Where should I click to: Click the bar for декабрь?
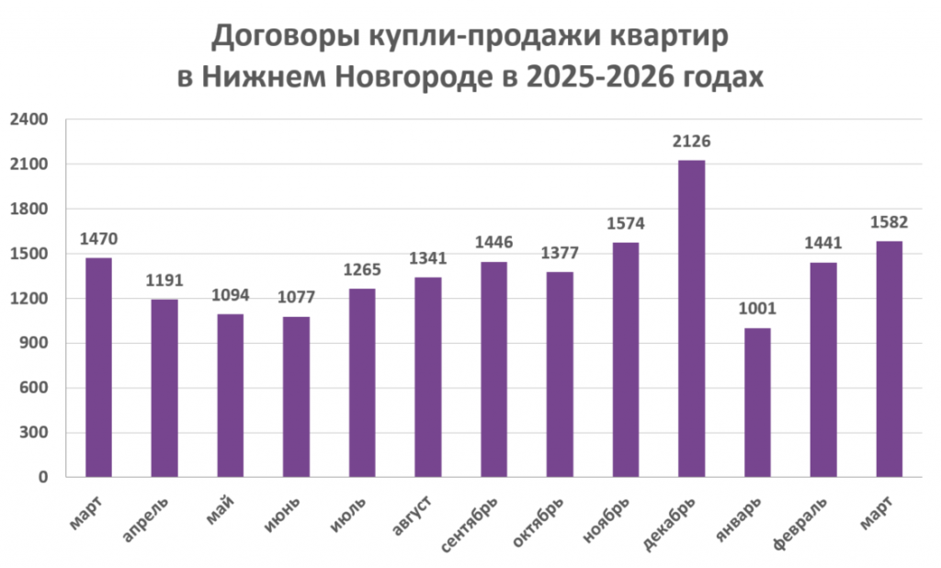691,318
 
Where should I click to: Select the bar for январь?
757,403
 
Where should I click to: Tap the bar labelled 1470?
99,368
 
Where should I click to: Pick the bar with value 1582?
889,358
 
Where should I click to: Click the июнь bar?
297,397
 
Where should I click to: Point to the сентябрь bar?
494,369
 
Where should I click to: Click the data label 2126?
691,142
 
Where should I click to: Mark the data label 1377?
560,254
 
